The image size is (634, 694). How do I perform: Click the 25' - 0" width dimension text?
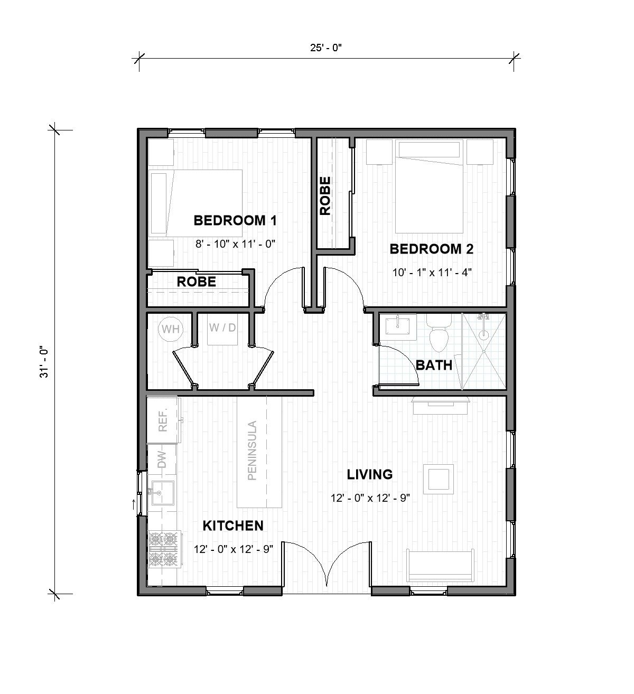[326, 48]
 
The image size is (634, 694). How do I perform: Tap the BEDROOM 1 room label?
[235, 220]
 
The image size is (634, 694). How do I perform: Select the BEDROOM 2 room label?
[431, 249]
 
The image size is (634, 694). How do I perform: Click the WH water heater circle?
[170, 329]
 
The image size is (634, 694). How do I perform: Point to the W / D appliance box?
[222, 330]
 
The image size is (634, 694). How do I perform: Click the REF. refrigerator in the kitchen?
[163, 420]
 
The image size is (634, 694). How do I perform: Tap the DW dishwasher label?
[162, 457]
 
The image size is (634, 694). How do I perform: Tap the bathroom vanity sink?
[397, 325]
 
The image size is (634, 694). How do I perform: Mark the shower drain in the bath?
[483, 334]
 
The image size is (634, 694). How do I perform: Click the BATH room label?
[434, 365]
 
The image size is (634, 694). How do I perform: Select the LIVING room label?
[369, 474]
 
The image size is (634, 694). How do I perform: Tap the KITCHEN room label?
[233, 526]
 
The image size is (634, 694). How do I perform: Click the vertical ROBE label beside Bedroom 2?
[325, 195]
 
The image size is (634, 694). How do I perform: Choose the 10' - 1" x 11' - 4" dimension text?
[431, 273]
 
